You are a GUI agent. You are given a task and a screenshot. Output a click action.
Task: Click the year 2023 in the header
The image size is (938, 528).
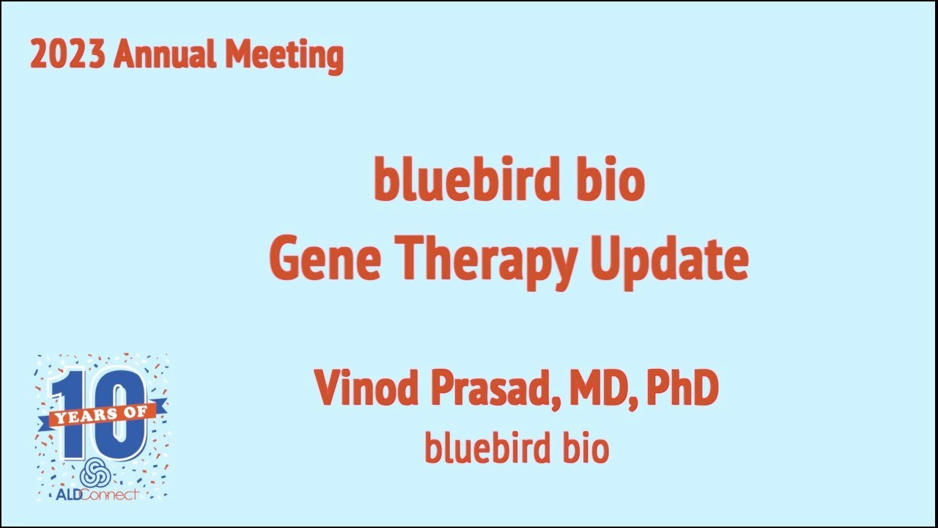click(x=67, y=55)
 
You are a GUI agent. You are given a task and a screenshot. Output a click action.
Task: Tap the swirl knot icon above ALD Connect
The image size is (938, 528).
click(x=95, y=473)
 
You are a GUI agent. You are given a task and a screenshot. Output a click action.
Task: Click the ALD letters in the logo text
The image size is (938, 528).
click(x=71, y=494)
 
